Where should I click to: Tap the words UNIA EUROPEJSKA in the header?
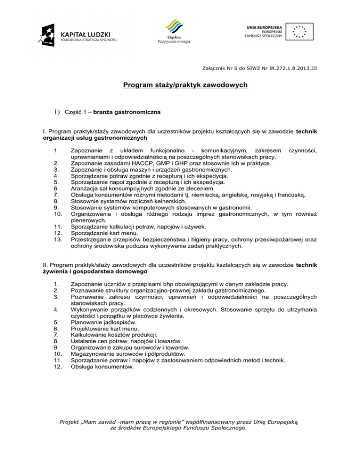(262, 28)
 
